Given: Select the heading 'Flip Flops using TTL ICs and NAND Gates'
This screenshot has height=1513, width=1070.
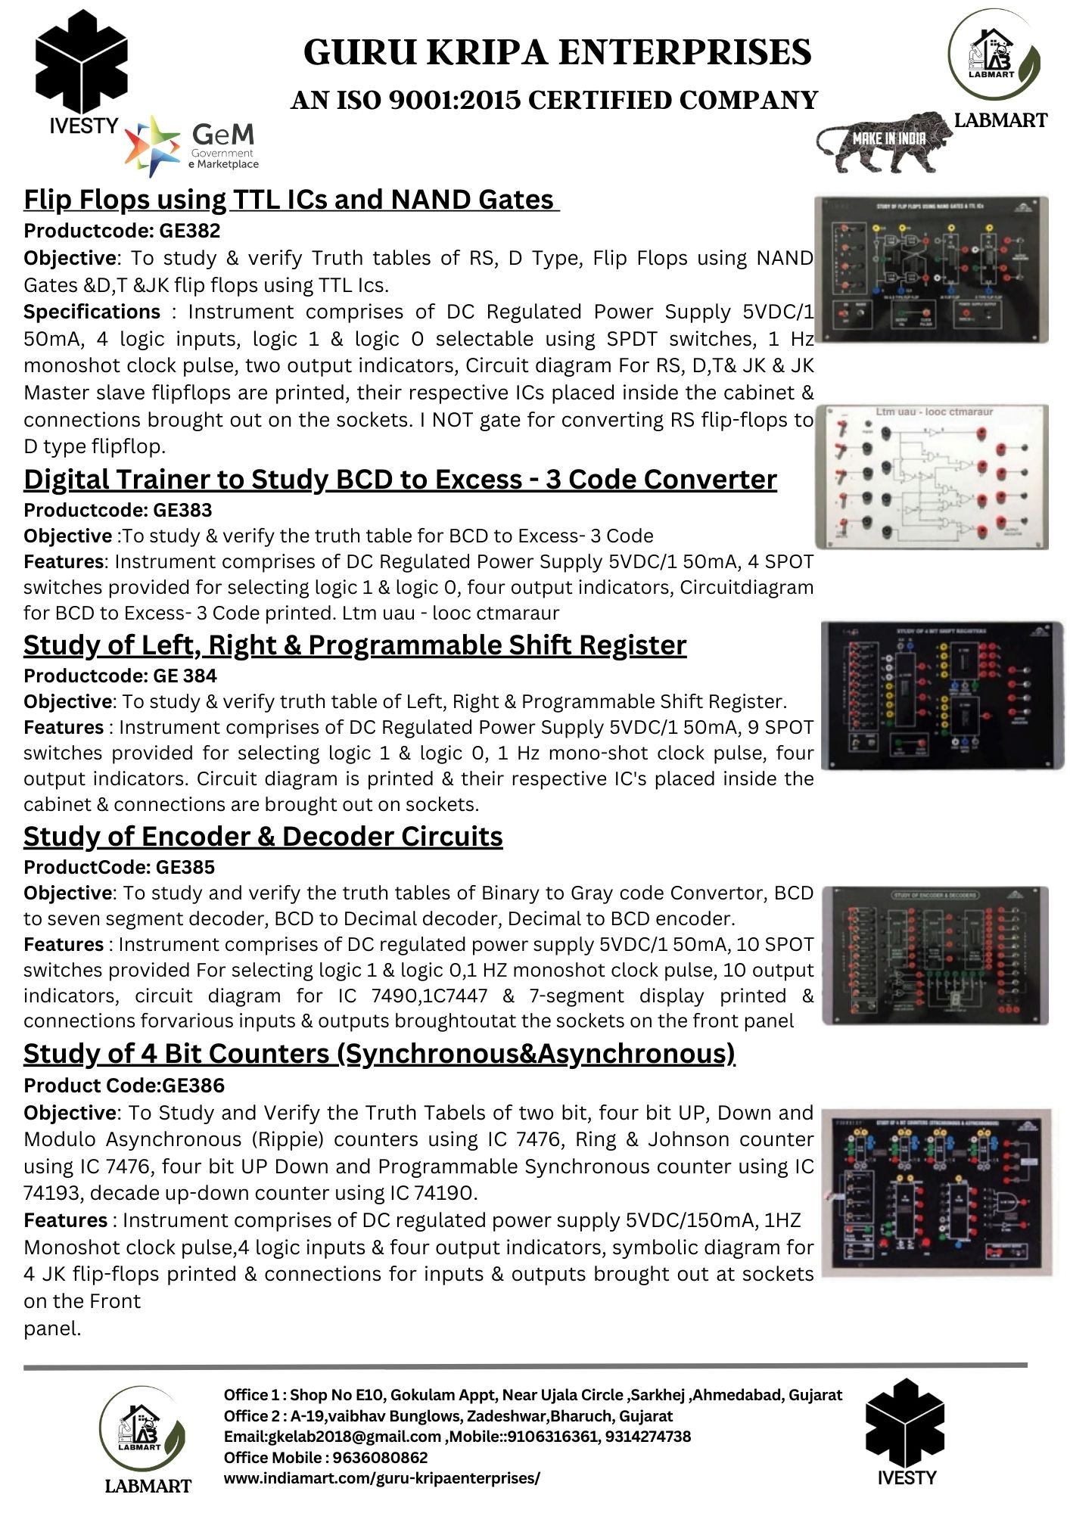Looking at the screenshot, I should point(291,200).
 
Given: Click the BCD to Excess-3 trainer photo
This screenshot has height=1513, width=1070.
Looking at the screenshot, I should point(932,477).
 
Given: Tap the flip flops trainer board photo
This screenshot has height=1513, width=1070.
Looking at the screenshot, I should point(932,269).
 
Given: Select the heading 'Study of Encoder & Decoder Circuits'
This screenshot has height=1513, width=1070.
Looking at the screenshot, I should point(263,837).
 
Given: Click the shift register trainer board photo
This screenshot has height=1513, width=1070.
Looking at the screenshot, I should point(941,696).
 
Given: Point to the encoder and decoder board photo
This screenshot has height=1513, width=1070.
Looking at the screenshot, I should point(935,955).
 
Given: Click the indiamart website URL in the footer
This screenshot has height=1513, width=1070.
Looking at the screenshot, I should point(381,1477).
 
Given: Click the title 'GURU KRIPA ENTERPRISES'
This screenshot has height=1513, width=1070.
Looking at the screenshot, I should point(557,52).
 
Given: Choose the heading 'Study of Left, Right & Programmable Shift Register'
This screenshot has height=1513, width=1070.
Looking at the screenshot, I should point(355,645).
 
